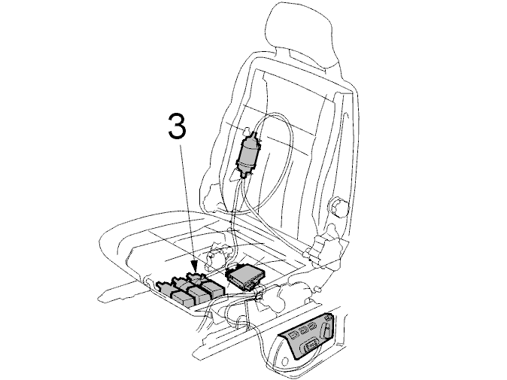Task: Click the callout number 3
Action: (178, 126)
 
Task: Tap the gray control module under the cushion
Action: (245, 276)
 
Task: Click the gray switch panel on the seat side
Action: (308, 336)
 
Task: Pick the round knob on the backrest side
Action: (339, 206)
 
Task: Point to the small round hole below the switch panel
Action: (285, 361)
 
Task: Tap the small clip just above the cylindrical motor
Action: (247, 131)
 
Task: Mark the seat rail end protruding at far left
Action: (107, 295)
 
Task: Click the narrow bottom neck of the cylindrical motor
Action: (244, 175)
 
